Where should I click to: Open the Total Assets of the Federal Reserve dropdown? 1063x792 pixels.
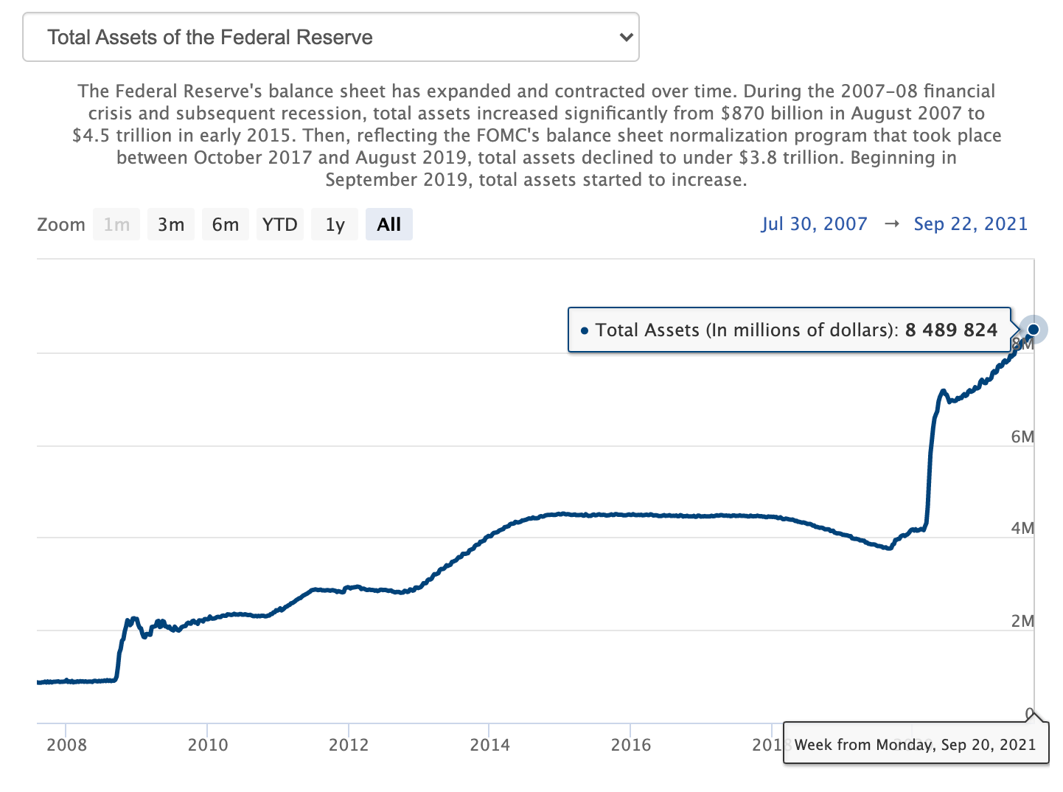click(x=331, y=37)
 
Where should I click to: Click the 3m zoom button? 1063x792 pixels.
click(x=171, y=224)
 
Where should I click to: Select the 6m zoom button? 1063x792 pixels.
click(x=226, y=224)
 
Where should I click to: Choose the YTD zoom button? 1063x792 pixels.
click(x=280, y=224)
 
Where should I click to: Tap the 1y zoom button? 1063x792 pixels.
click(x=335, y=224)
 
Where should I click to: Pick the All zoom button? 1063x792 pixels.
click(x=389, y=224)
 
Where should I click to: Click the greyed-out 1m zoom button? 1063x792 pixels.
click(x=116, y=224)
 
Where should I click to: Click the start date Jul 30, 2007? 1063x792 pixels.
click(x=815, y=223)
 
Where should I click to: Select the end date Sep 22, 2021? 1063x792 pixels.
click(x=970, y=223)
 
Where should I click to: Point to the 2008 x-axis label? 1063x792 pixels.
click(x=66, y=744)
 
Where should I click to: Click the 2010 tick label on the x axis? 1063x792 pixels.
click(x=208, y=744)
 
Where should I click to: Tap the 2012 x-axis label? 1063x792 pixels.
click(x=349, y=744)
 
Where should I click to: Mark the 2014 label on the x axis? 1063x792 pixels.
click(x=489, y=744)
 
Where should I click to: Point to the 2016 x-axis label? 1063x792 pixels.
click(x=631, y=744)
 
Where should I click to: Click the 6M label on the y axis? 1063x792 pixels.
click(x=1022, y=437)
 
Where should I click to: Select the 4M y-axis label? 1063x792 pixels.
click(x=1022, y=528)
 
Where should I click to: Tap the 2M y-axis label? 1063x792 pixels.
click(x=1022, y=621)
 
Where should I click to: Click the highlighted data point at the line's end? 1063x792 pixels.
click(x=1034, y=329)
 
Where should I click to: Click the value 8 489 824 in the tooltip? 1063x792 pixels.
click(x=951, y=330)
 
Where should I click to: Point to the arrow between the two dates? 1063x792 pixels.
click(x=891, y=223)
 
